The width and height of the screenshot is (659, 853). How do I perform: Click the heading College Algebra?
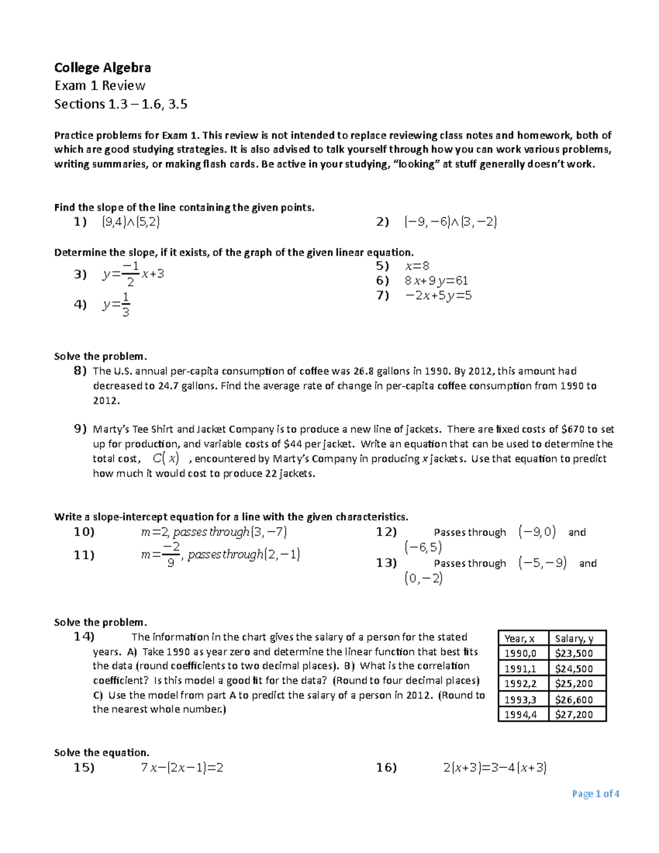tap(102, 68)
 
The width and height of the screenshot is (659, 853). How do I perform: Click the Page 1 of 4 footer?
tap(595, 794)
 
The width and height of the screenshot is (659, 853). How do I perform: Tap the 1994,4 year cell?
tap(521, 715)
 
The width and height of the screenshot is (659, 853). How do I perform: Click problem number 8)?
tap(80, 371)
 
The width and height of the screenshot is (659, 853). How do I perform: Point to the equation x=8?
tap(417, 266)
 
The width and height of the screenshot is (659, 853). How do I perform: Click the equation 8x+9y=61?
tap(436, 281)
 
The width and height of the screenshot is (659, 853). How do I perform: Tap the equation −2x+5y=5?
tap(438, 296)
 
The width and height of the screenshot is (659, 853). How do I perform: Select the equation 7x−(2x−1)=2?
tap(182, 767)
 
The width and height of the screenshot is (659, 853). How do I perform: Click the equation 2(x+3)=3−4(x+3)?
tap(495, 767)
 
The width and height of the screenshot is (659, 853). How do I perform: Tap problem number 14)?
tap(84, 637)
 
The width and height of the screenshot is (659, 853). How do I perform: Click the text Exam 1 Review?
tap(99, 86)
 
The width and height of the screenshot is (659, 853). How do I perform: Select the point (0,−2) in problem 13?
tap(423, 578)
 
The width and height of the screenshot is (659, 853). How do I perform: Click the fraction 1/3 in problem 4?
tap(126, 305)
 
